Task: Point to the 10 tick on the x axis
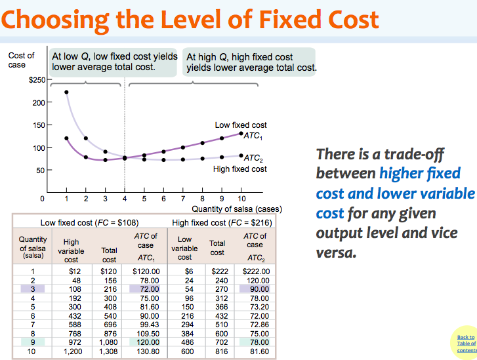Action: (241, 197)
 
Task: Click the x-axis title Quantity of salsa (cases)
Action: (236, 209)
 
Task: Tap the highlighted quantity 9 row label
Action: (32, 342)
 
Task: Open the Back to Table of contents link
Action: (466, 344)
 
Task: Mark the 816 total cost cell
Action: (217, 351)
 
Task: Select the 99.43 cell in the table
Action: (147, 324)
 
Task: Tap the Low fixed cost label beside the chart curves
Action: (241, 125)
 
